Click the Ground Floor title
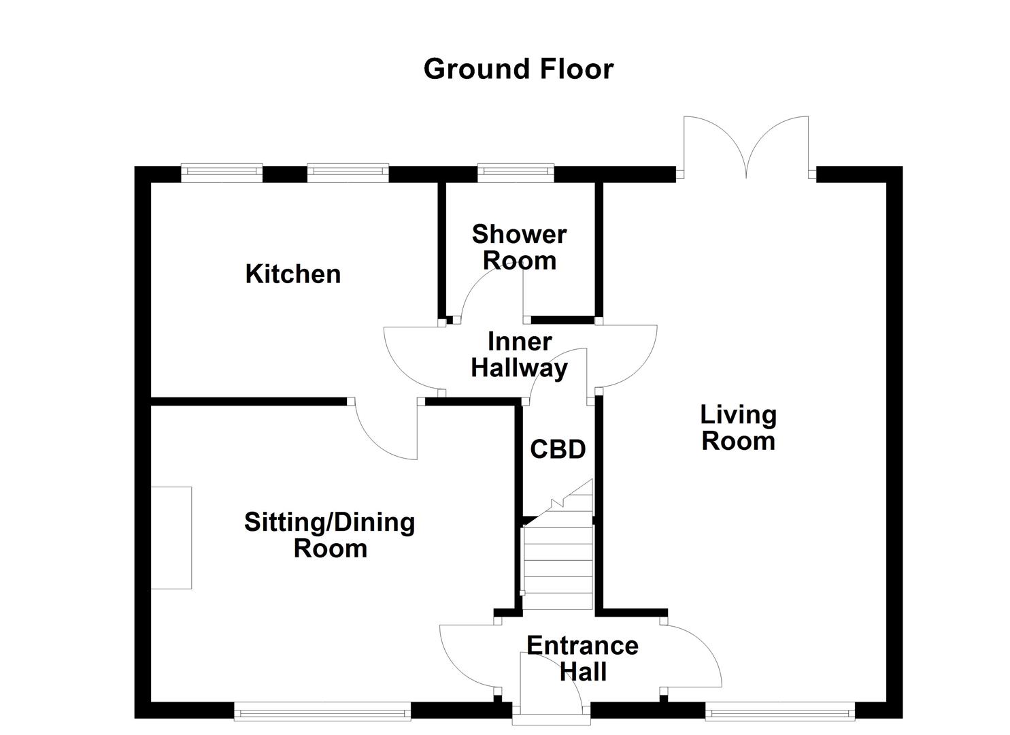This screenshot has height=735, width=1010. (518, 69)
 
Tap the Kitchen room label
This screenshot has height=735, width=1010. (292, 274)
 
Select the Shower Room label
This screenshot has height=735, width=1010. (519, 247)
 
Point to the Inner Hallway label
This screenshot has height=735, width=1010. (519, 355)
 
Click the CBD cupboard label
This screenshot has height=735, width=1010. (558, 449)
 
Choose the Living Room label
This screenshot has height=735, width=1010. (738, 427)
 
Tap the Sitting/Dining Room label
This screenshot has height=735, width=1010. (330, 535)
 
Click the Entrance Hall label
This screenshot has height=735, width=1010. (582, 658)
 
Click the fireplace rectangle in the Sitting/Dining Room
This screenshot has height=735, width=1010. (171, 538)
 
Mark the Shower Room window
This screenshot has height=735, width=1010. (516, 173)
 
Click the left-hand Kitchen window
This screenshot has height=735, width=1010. (222, 173)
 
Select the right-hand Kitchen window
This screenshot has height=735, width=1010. (348, 173)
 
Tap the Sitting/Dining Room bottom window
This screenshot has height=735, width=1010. (322, 713)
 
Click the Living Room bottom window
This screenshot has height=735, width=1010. (779, 713)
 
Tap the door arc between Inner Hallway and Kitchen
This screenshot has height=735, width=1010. (408, 361)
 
